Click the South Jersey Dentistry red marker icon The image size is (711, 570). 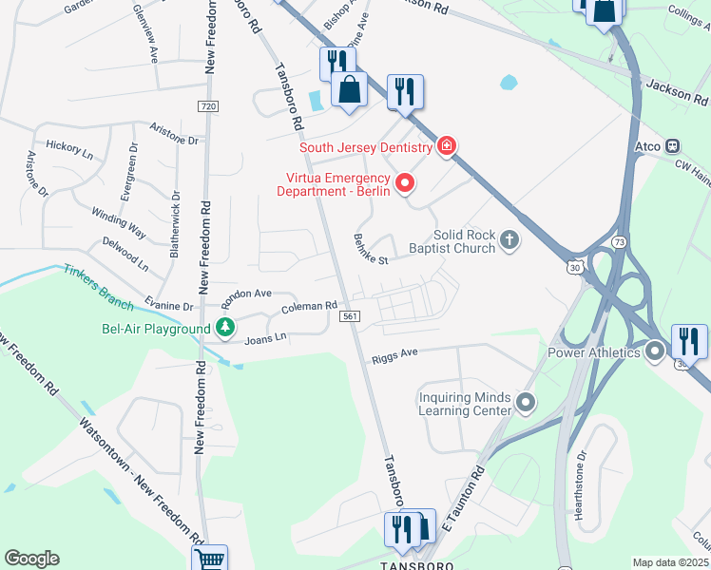[446, 146]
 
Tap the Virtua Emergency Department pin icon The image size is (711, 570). [406, 182]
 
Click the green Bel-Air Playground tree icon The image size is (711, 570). [225, 329]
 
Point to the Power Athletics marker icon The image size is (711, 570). [655, 352]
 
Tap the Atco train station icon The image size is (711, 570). [672, 146]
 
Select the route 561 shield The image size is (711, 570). [350, 316]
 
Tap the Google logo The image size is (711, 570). [31, 559]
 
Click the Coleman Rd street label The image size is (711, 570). [309, 307]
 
